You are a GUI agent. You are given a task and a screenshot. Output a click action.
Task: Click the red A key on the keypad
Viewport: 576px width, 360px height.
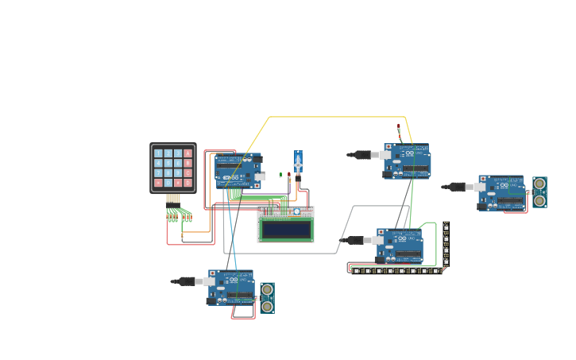[x=188, y=153]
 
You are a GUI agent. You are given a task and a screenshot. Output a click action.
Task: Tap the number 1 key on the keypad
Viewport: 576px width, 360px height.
[x=158, y=153]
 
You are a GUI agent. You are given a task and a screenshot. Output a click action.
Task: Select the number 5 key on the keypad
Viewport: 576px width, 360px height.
[x=168, y=163]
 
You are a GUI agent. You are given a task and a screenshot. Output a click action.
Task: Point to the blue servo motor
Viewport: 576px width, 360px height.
[x=298, y=163]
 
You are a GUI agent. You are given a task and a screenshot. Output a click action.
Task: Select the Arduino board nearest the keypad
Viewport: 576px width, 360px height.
[x=238, y=170]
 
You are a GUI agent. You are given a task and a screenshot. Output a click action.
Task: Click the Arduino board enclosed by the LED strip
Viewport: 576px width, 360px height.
[x=400, y=246]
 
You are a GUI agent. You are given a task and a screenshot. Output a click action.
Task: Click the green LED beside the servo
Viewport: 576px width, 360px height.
[x=280, y=175]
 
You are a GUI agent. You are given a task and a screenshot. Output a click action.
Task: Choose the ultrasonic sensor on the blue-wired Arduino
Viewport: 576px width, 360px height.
[x=267, y=297]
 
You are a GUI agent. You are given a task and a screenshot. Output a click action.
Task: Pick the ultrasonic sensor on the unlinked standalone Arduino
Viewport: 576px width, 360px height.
[x=539, y=192]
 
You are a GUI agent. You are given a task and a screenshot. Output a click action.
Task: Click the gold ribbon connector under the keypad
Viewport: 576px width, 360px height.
[x=173, y=199]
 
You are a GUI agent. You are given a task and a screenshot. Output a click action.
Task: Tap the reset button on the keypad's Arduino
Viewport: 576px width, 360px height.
[x=218, y=156]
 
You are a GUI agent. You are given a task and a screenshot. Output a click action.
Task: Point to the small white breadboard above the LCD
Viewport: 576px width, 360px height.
[x=285, y=211]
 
